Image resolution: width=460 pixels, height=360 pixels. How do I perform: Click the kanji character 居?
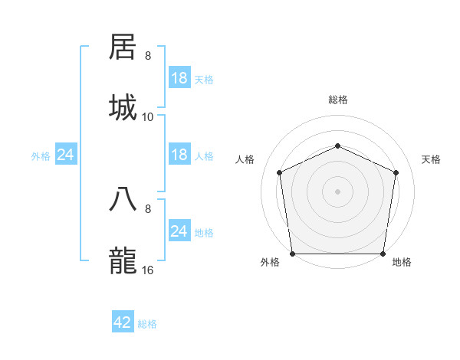coord(124,47)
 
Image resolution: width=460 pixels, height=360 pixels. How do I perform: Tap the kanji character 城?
coord(124,107)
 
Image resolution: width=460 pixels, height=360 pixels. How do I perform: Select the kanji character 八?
coord(124,198)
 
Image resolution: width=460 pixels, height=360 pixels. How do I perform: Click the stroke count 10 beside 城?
coord(148,116)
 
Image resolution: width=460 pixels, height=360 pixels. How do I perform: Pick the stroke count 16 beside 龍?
coord(148,270)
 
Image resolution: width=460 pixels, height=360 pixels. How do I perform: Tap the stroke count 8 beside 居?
coord(148,56)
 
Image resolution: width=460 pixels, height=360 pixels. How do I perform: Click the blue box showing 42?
coord(123,322)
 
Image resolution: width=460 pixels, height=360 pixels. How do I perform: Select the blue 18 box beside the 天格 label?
coord(179,78)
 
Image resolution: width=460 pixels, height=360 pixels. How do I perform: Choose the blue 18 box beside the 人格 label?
coord(179,155)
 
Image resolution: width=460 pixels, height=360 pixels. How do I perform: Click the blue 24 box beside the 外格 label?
coord(66,155)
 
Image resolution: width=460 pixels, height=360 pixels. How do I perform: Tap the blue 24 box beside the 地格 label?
coord(179,231)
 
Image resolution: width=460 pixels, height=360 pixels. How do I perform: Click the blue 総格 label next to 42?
coord(147,324)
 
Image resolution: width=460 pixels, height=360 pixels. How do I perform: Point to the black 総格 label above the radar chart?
coord(337,100)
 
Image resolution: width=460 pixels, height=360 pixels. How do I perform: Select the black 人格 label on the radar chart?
coord(245,159)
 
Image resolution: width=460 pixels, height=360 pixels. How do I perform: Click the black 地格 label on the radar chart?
coord(402,263)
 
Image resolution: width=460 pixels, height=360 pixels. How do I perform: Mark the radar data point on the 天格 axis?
coord(396,172)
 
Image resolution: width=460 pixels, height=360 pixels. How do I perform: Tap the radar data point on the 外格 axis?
coord(292,254)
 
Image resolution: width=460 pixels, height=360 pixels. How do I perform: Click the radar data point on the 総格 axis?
coord(337,146)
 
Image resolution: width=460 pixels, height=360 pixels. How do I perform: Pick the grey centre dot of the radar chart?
coord(337,191)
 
